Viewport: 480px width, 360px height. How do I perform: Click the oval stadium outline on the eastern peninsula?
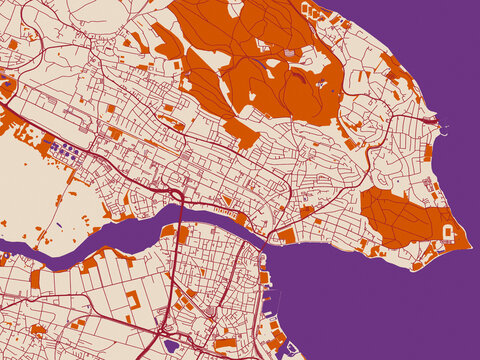point(450,232)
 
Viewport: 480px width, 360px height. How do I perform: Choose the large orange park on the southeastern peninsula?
point(400,215)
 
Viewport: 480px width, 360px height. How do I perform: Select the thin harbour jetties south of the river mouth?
point(268,300)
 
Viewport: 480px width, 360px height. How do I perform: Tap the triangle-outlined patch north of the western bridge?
point(176,191)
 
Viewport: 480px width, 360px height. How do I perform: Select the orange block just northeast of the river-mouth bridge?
point(286,236)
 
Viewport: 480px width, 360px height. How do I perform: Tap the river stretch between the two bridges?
point(220,222)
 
